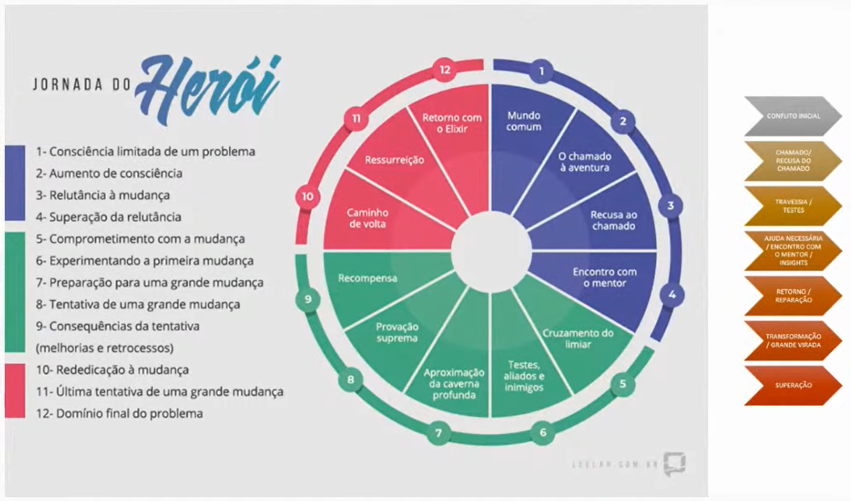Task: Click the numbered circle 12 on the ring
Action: click(444, 70)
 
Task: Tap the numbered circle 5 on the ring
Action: click(622, 384)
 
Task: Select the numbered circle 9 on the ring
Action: click(307, 299)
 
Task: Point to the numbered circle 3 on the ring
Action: click(670, 206)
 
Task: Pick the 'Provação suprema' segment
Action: click(396, 332)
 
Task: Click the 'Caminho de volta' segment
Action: click(367, 218)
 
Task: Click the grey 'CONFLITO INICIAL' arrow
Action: click(793, 116)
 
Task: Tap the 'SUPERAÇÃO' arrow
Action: click(793, 386)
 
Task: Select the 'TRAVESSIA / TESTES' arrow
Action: click(793, 206)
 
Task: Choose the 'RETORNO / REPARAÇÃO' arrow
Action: click(793, 295)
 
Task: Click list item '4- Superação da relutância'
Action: click(108, 217)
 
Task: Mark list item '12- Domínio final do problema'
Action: click(119, 414)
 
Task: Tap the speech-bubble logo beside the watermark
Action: click(674, 465)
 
